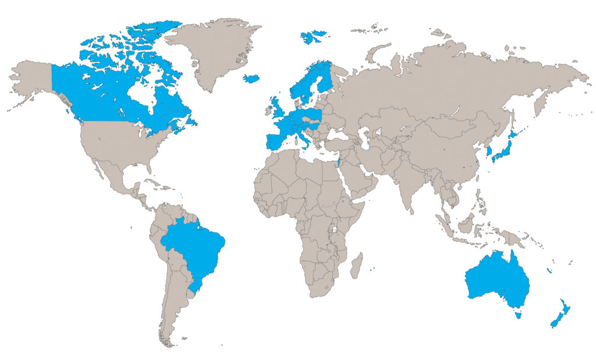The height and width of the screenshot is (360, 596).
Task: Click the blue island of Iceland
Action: pos(251,79)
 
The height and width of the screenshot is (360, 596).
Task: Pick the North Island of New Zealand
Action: pos(564,308)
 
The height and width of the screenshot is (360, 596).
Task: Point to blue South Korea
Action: pos(489,152)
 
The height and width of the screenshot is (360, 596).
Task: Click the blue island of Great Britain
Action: pos(274,110)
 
